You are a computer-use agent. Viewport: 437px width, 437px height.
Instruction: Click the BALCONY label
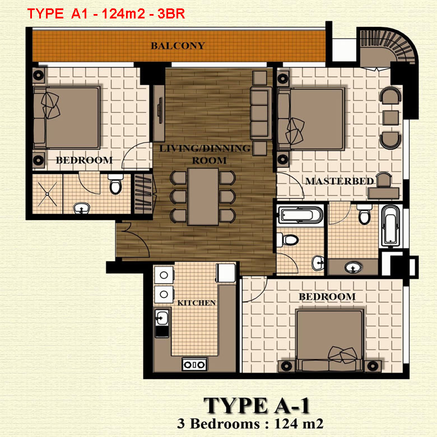(178, 46)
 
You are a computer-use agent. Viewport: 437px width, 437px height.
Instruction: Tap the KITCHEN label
(197, 303)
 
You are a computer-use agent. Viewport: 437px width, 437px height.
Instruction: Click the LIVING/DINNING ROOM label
(204, 154)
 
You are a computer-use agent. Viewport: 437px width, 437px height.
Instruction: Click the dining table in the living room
(203, 196)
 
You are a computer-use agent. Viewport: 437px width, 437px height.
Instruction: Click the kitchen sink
(162, 319)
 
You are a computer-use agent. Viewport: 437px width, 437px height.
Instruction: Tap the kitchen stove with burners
(194, 365)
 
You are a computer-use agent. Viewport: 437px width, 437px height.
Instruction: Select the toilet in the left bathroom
(115, 185)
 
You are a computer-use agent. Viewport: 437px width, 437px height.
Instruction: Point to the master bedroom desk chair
(384, 179)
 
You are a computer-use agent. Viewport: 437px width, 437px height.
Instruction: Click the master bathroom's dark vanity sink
(354, 266)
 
